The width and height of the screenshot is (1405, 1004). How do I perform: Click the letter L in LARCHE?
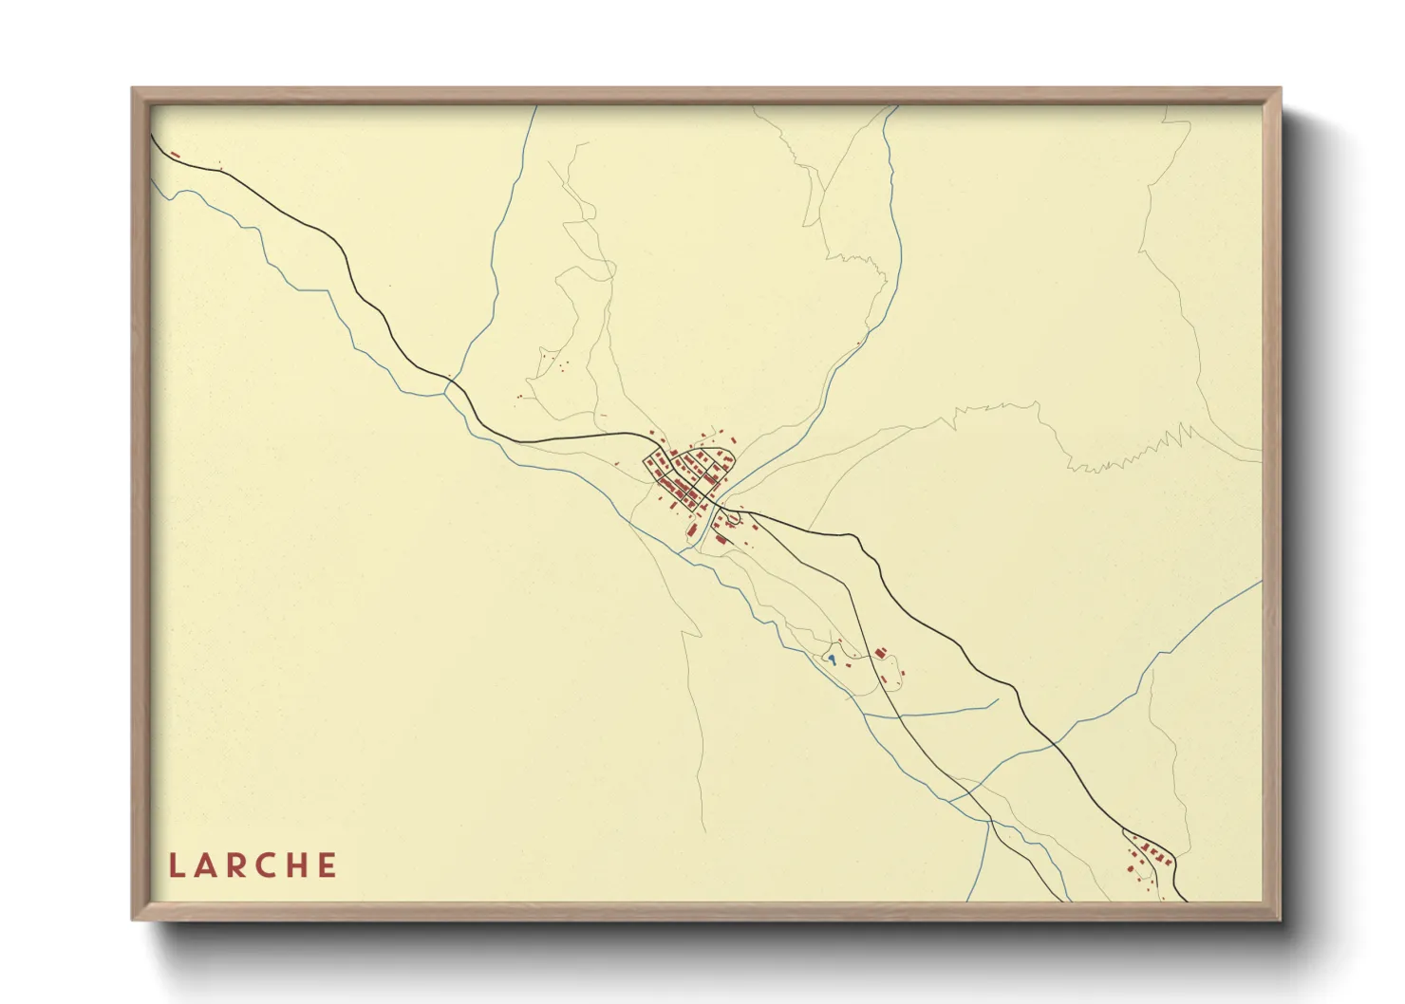point(176,865)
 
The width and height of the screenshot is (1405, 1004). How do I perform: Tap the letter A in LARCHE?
point(206,865)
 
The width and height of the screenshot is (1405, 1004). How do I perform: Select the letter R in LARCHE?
point(236,865)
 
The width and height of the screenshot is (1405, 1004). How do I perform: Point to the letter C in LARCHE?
point(268,865)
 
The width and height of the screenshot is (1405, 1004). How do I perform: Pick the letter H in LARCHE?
point(298,865)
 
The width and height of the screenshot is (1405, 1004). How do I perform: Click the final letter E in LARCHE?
point(328,865)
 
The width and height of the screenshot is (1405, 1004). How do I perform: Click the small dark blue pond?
point(832,657)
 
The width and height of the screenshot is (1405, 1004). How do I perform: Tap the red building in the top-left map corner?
point(175,153)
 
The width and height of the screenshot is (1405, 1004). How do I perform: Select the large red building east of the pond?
point(880,653)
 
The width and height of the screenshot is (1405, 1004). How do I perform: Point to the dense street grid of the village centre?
point(688,474)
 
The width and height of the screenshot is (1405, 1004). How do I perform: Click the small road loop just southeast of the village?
point(734,518)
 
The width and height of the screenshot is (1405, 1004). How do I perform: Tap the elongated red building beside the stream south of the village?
point(692,529)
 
